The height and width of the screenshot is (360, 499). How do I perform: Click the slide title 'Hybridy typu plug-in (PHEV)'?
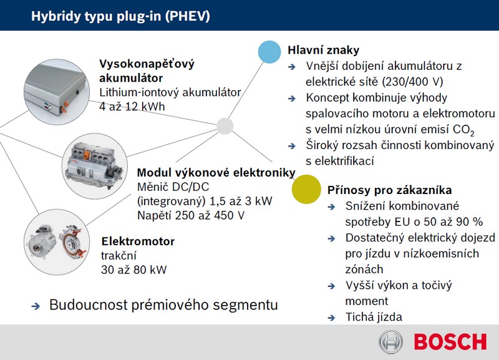point(120,16)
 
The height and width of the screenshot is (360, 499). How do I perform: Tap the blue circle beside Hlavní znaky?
point(269,52)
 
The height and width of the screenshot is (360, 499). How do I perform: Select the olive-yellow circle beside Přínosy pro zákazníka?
point(306,189)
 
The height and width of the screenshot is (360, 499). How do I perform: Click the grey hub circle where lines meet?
point(225,126)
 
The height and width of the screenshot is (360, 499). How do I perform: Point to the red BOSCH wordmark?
point(450,342)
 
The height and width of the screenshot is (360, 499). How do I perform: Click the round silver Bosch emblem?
point(391,342)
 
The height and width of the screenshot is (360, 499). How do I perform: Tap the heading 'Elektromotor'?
point(138,241)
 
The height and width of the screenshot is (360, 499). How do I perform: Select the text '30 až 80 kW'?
point(134,270)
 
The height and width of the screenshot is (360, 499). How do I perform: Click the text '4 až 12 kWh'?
point(132,106)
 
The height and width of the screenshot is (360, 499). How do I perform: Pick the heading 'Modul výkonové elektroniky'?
point(216,173)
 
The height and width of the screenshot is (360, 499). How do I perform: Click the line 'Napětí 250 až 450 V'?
point(191,215)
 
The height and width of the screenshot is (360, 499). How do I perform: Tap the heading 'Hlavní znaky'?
point(323,50)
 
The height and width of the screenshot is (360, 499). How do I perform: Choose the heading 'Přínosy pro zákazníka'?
point(389,190)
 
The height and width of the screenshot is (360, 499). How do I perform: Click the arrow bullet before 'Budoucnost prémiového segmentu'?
point(36,306)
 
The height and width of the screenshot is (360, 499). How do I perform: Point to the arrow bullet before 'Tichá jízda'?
point(331,318)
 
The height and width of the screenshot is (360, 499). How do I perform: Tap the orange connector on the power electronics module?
point(86,155)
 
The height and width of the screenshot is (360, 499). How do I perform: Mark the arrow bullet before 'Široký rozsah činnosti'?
point(292,146)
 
